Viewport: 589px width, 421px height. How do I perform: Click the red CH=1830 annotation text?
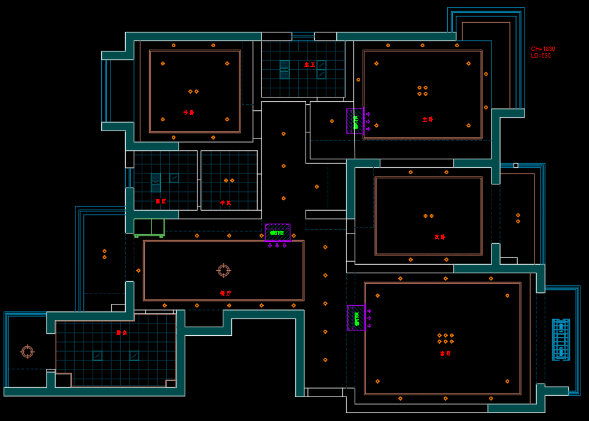(543, 49)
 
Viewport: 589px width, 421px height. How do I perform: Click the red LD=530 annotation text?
(541, 56)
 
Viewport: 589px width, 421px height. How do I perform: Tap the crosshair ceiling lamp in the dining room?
(223, 270)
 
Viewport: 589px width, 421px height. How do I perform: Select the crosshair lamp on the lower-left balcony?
(27, 351)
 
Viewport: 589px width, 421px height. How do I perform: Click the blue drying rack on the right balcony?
(560, 339)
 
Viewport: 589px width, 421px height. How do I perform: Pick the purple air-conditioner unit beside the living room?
(356, 317)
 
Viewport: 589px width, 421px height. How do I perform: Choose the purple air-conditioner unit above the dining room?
(277, 232)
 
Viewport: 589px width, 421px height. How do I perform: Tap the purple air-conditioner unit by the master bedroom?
(355, 121)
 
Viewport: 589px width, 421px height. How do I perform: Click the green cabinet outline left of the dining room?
(149, 227)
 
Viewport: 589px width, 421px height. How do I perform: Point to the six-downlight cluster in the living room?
(445, 338)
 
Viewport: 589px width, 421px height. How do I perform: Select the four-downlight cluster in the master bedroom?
(422, 91)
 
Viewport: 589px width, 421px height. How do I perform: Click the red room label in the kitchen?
(121, 333)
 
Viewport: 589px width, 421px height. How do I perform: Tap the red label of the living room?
(445, 354)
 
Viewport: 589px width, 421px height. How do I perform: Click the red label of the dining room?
(225, 293)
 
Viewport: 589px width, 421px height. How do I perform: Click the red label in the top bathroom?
(310, 64)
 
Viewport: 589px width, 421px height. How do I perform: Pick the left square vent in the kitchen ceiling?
(97, 355)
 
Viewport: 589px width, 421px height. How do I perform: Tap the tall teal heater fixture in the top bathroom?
(284, 69)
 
